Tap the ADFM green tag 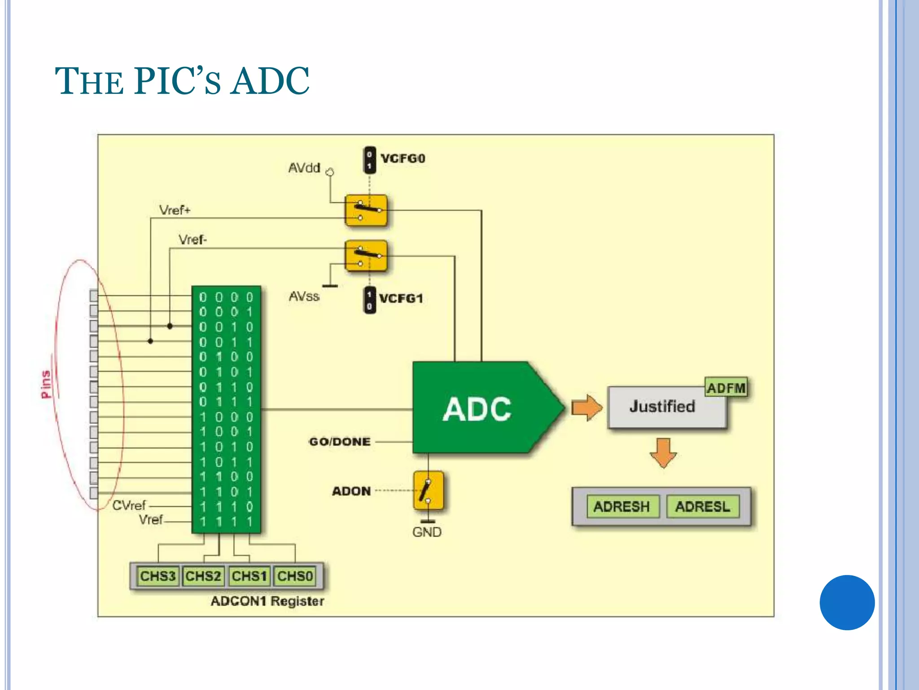pos(726,388)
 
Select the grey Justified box pos(662,407)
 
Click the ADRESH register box pos(621,507)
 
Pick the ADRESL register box pos(702,507)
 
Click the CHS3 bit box pos(158,576)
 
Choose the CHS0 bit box pos(295,576)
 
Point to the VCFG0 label pos(403,159)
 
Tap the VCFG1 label pos(401,299)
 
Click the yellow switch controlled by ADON pos(428,491)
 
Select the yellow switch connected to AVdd pos(366,210)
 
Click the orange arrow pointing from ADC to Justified pos(586,408)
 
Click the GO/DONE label pos(340,442)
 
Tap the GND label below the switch pos(427,532)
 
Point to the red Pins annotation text pos(46,384)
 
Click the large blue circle pos(847,602)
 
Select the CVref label pos(129,506)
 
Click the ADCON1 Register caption pos(267,601)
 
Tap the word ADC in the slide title pos(270,81)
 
